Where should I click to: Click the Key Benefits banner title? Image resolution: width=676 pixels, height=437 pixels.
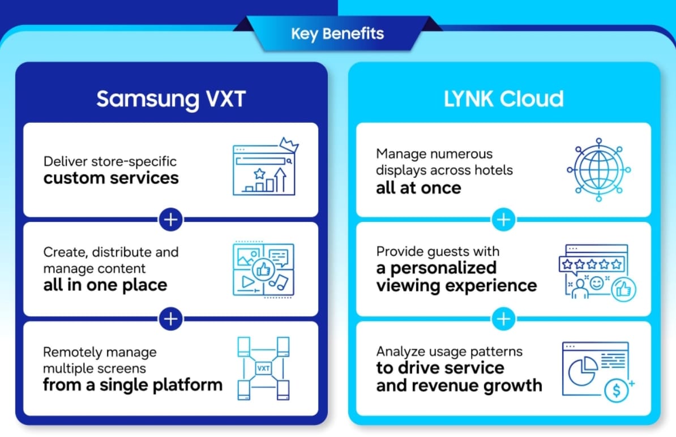pyautogui.click(x=337, y=33)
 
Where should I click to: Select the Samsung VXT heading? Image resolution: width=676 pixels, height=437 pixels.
pyautogui.click(x=170, y=99)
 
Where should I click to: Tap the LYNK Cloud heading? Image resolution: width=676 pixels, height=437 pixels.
pyautogui.click(x=503, y=99)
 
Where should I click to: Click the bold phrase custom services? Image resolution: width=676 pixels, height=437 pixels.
pyautogui.click(x=111, y=178)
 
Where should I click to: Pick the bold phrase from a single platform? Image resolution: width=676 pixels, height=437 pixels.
pyautogui.click(x=132, y=385)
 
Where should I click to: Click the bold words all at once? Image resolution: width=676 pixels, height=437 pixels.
pyautogui.click(x=418, y=187)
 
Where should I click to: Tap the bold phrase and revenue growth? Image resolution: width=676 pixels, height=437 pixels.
pyautogui.click(x=459, y=385)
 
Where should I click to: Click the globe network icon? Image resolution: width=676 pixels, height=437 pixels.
pyautogui.click(x=598, y=170)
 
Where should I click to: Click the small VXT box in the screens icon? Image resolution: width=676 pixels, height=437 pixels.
pyautogui.click(x=263, y=368)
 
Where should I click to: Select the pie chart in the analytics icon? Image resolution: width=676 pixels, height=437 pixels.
pyautogui.click(x=581, y=370)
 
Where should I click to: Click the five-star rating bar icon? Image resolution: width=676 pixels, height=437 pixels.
pyautogui.click(x=592, y=264)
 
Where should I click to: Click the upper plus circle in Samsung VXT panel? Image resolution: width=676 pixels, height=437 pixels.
pyautogui.click(x=170, y=219)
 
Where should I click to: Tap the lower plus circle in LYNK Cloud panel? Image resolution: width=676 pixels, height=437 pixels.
pyautogui.click(x=503, y=319)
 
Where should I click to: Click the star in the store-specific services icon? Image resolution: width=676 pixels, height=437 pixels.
pyautogui.click(x=259, y=173)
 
